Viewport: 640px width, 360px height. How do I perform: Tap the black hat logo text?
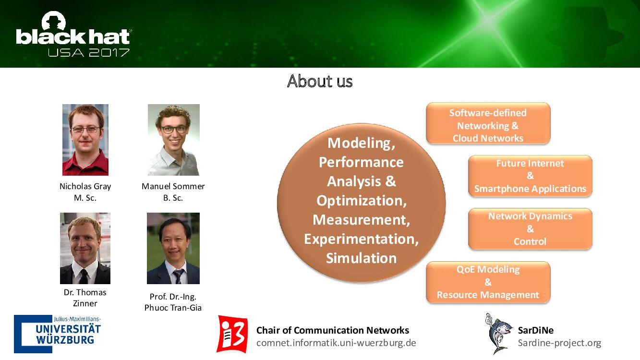coord(73,37)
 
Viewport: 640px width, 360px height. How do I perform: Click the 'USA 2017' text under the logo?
coord(89,53)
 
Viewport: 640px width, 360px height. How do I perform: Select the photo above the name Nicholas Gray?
coord(85,140)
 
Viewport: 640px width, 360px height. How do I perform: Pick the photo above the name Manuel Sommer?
coord(173,140)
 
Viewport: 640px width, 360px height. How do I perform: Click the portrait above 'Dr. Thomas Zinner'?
coord(85,248)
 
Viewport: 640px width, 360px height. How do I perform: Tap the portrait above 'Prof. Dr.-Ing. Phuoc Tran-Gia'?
coord(173,248)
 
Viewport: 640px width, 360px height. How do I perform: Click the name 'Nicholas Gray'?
coord(85,186)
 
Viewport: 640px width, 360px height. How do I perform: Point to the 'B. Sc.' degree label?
coord(173,198)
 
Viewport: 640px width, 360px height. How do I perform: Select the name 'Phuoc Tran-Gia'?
coord(173,308)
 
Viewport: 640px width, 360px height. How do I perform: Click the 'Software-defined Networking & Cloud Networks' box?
coord(488,123)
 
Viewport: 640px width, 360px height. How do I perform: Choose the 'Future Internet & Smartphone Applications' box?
coord(530,176)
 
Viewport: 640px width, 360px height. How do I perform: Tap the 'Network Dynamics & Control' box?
coord(530,229)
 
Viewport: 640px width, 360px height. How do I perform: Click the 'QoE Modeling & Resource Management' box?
coord(488,282)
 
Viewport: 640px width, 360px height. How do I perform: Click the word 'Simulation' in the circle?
coord(361,258)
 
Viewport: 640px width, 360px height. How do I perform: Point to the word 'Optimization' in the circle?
coord(360,201)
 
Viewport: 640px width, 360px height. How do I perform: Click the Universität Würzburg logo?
coord(58,334)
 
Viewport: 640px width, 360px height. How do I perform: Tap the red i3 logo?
coord(232,335)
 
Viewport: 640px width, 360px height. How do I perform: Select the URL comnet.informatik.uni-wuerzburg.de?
coord(336,343)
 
